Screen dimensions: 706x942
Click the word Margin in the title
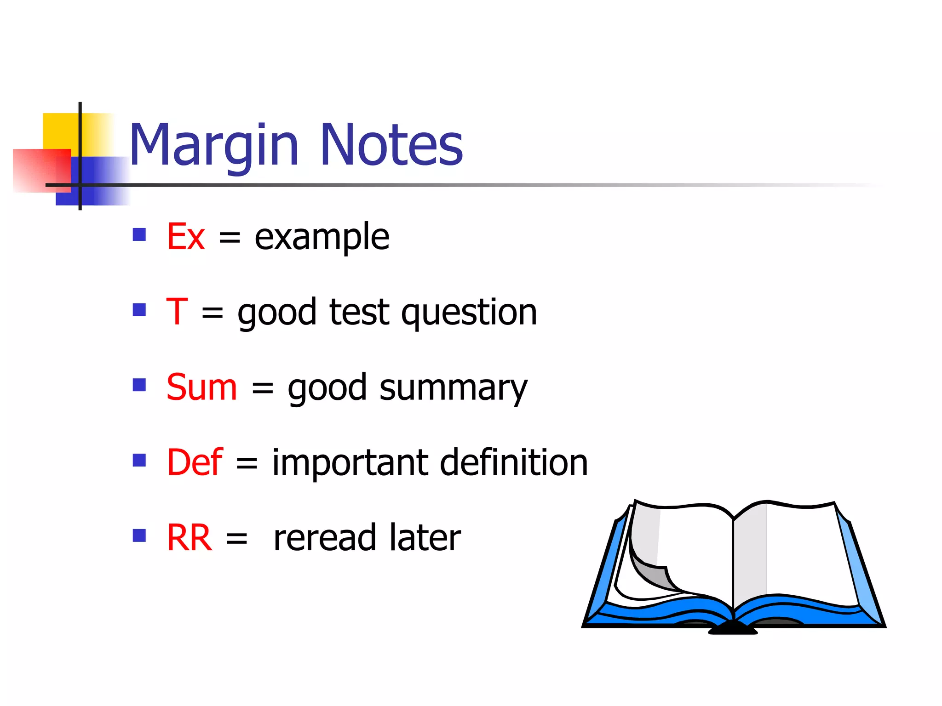214,146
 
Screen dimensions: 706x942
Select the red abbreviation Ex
185,237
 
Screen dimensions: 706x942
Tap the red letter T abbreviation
177,312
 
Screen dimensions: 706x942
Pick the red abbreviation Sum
201,387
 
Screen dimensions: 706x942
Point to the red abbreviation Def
195,462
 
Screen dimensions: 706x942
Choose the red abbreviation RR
189,538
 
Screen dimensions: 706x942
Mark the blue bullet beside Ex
139,235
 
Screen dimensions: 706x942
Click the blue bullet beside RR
139,535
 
